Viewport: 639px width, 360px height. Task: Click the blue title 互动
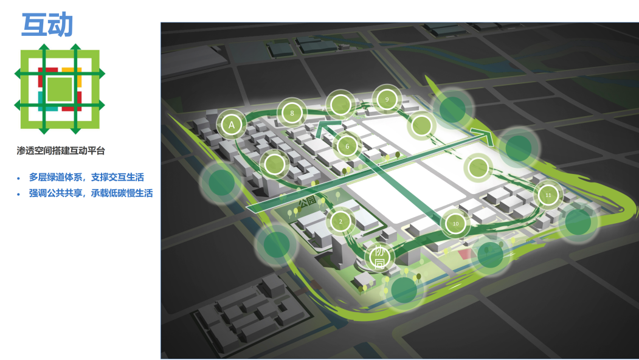47,25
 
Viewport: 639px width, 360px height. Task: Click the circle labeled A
231,125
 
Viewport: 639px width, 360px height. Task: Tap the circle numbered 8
292,113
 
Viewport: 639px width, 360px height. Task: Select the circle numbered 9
386,99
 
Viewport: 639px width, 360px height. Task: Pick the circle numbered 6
347,146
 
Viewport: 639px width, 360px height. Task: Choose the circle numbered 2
340,221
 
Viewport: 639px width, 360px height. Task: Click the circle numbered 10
455,223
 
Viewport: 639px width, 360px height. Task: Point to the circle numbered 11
548,195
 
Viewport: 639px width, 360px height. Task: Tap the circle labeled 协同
379,257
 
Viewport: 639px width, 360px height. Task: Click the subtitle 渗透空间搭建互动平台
61,150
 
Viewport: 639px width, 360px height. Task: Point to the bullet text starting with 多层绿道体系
86,178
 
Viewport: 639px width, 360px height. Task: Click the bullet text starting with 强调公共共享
91,193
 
